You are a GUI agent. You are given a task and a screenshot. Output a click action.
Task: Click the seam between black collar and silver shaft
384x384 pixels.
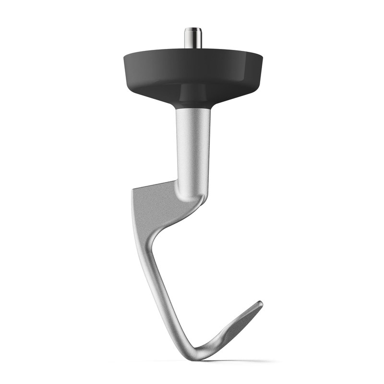click(x=193, y=108)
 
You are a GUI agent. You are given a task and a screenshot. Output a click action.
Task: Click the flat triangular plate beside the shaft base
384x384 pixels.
click(x=154, y=202)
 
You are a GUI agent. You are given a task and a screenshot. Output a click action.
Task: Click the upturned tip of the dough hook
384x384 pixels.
click(x=260, y=303)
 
